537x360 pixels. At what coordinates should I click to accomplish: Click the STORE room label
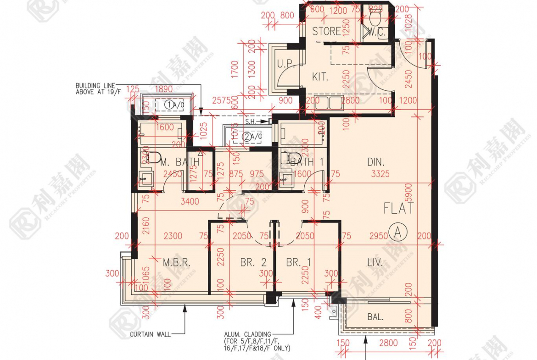326,31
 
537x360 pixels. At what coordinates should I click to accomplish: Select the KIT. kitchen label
320,77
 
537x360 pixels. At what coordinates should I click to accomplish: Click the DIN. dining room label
376,162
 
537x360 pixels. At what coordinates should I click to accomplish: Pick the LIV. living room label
375,263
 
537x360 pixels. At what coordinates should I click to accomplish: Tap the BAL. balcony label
376,317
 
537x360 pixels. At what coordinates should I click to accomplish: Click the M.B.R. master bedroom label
176,263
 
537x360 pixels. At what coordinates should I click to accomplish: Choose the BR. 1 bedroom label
298,263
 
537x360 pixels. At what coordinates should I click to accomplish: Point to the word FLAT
399,209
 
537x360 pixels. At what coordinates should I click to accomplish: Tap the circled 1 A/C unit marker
169,105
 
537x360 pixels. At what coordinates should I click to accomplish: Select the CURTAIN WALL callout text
150,334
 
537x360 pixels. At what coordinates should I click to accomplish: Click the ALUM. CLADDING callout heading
247,334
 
